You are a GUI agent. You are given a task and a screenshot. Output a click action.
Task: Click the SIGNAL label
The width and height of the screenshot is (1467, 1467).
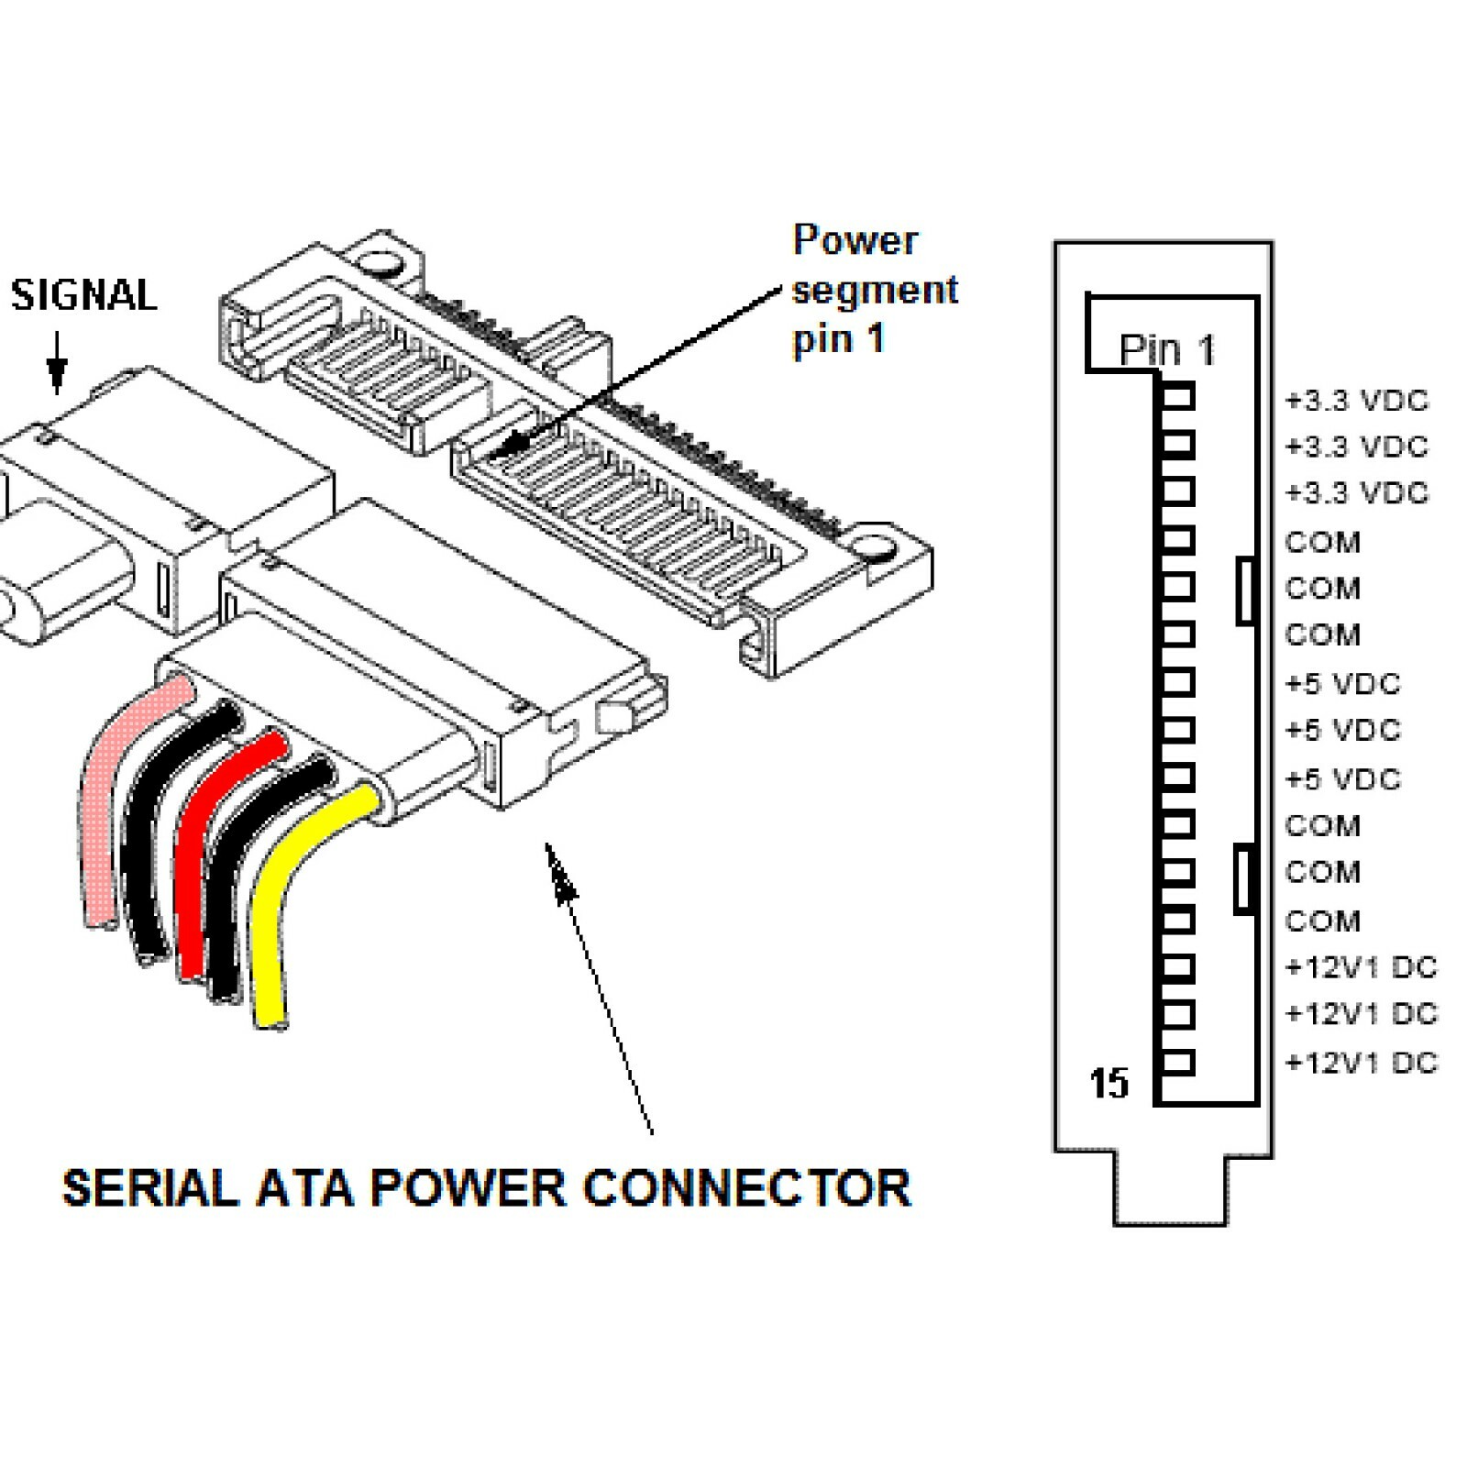tap(83, 295)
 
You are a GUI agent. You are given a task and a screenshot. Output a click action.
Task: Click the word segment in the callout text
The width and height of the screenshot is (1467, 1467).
tap(874, 291)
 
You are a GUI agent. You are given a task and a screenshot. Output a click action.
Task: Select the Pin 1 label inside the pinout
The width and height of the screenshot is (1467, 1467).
tap(1166, 349)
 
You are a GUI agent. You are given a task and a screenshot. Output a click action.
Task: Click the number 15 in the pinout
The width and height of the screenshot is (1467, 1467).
tap(1109, 1083)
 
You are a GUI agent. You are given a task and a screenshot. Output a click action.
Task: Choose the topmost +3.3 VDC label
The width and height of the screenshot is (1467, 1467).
tap(1357, 401)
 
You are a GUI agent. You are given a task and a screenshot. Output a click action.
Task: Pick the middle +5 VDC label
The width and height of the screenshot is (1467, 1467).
tap(1343, 731)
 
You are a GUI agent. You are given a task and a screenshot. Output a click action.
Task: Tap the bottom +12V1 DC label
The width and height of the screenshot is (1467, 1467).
tap(1361, 1063)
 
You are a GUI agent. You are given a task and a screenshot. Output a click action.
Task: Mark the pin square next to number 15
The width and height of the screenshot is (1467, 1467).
tap(1177, 1063)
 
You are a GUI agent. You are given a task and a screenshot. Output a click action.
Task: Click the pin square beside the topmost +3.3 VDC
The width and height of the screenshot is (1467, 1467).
tap(1177, 397)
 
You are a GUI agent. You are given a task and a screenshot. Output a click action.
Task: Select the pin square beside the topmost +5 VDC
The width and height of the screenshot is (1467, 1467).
tap(1177, 682)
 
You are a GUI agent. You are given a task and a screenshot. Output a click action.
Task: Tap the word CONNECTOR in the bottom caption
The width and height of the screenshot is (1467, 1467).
tap(746, 1188)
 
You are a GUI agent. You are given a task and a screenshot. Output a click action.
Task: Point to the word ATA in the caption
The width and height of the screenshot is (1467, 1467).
tap(304, 1188)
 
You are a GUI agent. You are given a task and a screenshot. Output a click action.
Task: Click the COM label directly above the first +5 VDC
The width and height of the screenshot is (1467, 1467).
tap(1322, 634)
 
